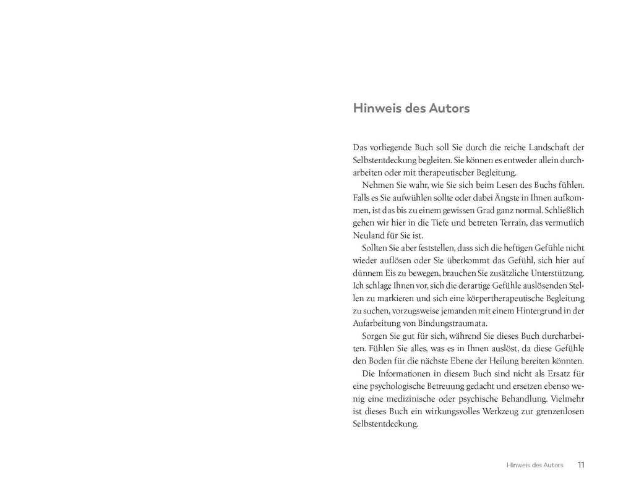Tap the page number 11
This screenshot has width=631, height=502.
(x=581, y=465)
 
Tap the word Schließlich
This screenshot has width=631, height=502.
(x=562, y=210)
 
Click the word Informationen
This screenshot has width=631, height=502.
(x=409, y=373)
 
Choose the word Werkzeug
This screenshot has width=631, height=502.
(x=483, y=412)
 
